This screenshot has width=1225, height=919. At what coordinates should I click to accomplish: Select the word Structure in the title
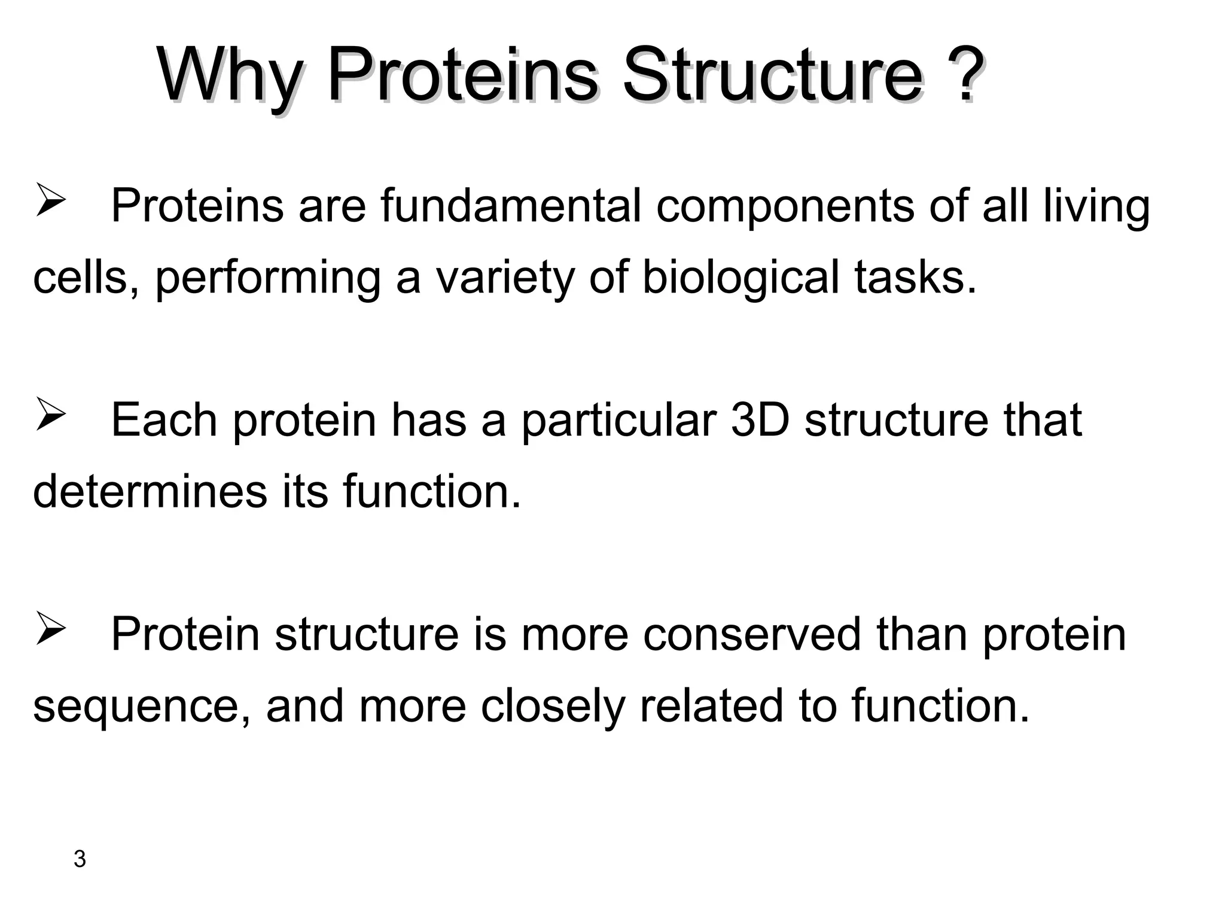click(772, 77)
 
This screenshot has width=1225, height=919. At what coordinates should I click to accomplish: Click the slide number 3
click(80, 859)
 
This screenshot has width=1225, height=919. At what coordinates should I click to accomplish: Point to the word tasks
click(915, 278)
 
